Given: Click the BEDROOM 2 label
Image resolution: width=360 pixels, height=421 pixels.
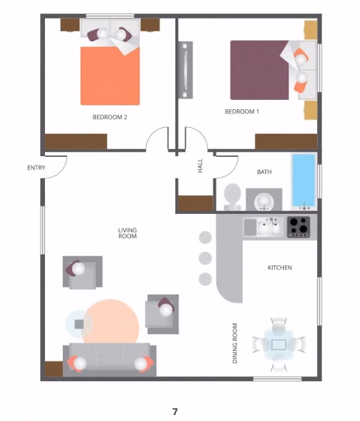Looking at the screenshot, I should [x=110, y=117].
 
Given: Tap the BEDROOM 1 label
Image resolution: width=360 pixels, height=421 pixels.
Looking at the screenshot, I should [x=242, y=112].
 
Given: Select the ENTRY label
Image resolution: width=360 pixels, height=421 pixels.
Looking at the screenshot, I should [x=36, y=168].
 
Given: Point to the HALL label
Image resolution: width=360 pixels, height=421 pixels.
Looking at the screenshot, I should [x=201, y=166].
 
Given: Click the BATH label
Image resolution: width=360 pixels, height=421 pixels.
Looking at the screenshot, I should [x=264, y=172].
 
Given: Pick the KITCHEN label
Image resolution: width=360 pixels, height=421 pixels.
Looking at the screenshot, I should [x=279, y=268].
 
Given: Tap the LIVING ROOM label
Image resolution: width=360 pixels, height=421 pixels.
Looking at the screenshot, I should [x=127, y=233].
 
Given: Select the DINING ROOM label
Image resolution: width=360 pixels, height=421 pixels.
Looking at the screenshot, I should [x=235, y=342].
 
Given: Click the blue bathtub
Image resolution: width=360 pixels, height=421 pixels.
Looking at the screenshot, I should [x=304, y=179].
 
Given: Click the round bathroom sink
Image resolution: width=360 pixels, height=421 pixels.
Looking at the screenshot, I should [x=263, y=201].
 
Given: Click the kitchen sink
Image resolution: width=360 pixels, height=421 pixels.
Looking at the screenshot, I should [x=270, y=227].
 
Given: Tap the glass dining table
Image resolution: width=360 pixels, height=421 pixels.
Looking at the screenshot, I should [x=279, y=344].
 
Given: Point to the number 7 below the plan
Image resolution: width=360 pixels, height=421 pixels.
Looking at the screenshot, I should [x=175, y=412].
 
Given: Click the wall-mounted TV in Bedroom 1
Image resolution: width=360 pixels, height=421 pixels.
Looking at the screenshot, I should [x=186, y=70].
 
